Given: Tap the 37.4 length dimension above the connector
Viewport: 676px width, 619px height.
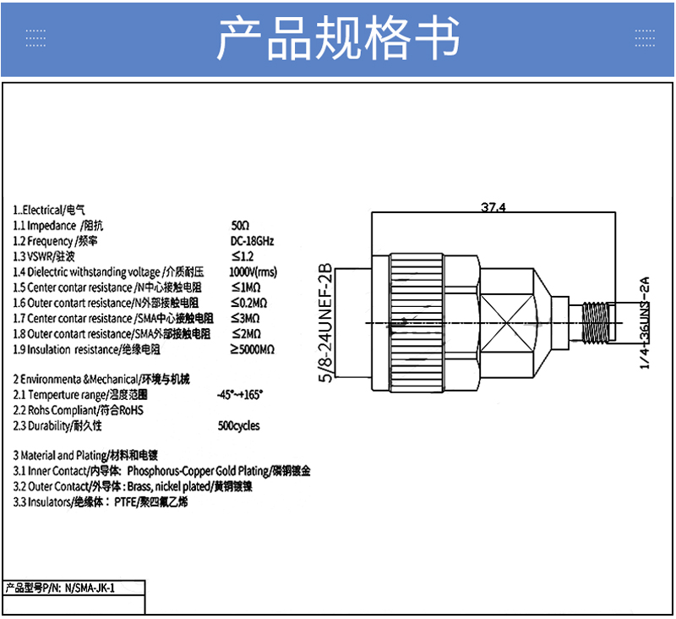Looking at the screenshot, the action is tap(493, 207).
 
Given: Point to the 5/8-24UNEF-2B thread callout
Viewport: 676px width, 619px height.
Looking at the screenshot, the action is tap(326, 323).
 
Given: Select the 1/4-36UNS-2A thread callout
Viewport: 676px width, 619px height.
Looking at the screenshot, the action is tap(644, 323).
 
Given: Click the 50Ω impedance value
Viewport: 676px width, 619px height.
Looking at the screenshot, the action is tap(240, 225).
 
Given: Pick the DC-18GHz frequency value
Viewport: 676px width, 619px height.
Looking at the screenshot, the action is tap(252, 241).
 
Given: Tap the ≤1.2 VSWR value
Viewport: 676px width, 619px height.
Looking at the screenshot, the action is tap(243, 256).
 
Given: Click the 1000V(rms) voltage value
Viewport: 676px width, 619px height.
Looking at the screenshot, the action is tap(253, 271).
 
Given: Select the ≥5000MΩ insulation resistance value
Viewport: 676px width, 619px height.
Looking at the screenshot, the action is tap(252, 349).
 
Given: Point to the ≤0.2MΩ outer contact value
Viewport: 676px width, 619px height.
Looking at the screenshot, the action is tap(248, 303).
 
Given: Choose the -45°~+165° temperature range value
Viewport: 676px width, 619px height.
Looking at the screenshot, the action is tap(240, 395).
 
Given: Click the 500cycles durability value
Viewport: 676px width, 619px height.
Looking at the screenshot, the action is tap(239, 425).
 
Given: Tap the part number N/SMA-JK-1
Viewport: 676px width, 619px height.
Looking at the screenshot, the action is tap(90, 588).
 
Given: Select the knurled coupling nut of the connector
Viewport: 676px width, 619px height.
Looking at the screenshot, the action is tap(417, 323).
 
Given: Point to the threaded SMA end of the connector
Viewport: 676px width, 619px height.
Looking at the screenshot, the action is tap(595, 323).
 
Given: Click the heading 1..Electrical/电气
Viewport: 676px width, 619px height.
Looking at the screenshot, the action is tap(49, 210).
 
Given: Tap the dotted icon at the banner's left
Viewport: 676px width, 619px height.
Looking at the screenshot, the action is tap(35, 38).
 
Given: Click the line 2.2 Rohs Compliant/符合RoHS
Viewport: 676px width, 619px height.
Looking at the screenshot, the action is tap(78, 410).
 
